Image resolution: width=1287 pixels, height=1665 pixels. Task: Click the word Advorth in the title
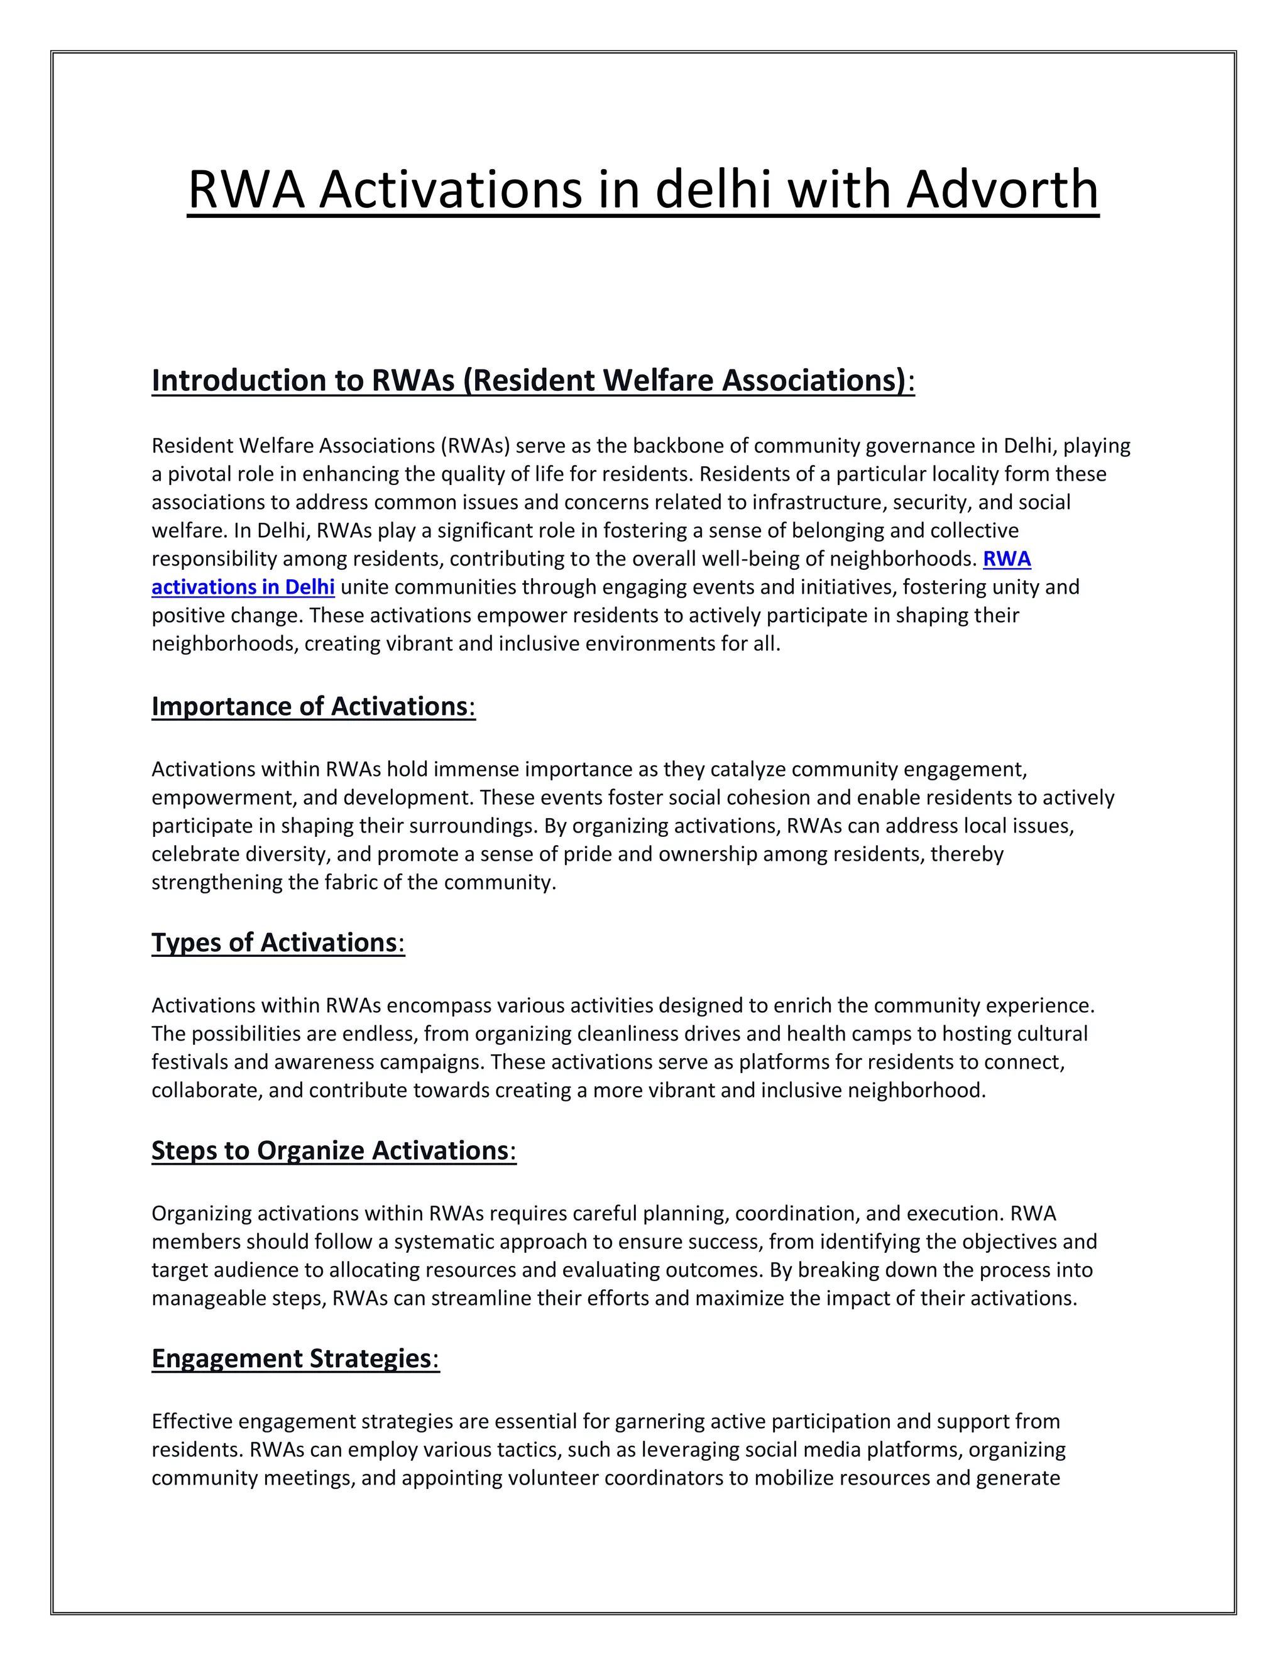(x=1002, y=190)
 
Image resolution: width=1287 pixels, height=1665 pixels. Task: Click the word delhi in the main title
(x=713, y=190)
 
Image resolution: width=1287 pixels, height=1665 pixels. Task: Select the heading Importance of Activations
(x=312, y=707)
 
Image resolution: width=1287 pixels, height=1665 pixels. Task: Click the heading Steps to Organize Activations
(x=333, y=1150)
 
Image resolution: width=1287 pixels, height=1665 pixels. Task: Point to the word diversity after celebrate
(x=287, y=854)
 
